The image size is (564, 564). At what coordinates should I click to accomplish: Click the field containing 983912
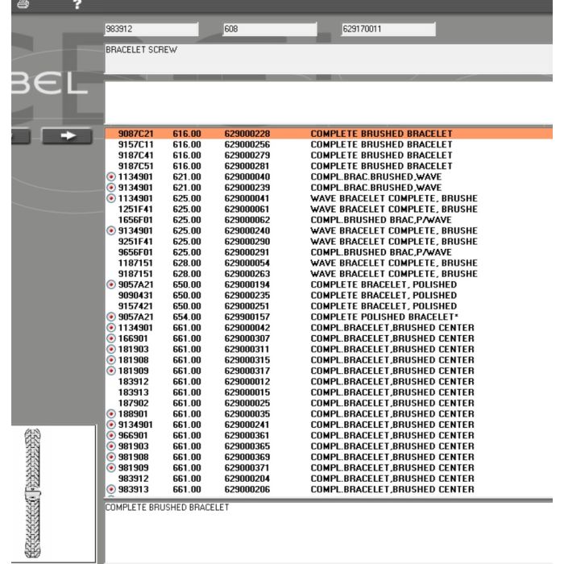151,30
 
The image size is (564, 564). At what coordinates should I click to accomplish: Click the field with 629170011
388,30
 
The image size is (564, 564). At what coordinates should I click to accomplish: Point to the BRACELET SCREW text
142,50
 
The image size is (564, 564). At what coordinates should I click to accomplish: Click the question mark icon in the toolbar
77,5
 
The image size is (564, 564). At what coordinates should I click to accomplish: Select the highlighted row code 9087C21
135,133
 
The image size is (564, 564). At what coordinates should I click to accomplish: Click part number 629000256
247,144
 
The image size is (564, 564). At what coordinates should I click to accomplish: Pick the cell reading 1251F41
135,209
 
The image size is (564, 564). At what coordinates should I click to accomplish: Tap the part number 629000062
247,220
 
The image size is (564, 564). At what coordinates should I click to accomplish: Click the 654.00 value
186,317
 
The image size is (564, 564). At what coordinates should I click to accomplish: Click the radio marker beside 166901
111,339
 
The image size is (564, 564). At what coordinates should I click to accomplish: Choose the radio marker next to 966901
111,436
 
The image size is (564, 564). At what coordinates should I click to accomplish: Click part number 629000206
247,490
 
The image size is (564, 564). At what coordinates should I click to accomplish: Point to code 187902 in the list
132,403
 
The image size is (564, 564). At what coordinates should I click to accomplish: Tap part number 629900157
247,317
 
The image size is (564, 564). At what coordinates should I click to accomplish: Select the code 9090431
135,296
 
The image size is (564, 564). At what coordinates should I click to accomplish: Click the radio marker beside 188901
111,414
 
